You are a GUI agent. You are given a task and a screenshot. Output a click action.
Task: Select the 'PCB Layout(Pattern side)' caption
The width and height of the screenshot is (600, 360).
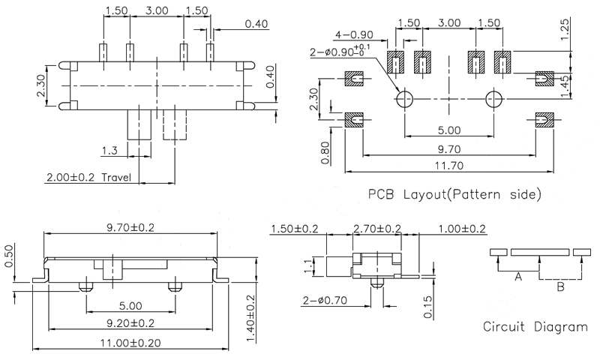[454, 196]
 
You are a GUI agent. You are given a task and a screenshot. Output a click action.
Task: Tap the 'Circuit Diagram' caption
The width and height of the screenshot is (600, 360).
[535, 327]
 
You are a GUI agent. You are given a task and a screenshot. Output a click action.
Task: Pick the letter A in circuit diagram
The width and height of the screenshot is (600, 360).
[517, 277]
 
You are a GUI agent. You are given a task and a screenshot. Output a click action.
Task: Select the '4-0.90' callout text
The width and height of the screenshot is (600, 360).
[354, 34]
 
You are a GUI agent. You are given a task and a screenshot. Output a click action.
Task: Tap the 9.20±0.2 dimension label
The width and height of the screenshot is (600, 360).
[130, 324]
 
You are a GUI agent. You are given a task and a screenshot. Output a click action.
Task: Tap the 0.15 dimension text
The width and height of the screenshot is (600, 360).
[427, 306]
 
